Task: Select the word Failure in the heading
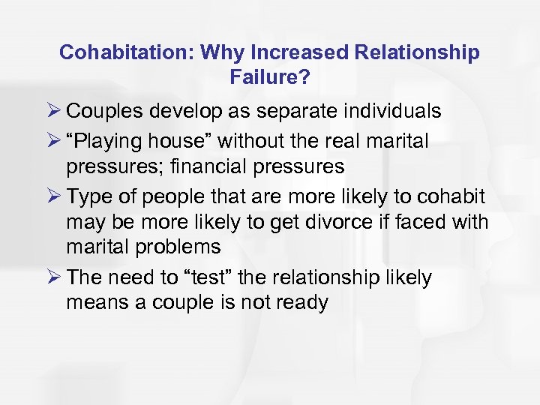269,76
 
